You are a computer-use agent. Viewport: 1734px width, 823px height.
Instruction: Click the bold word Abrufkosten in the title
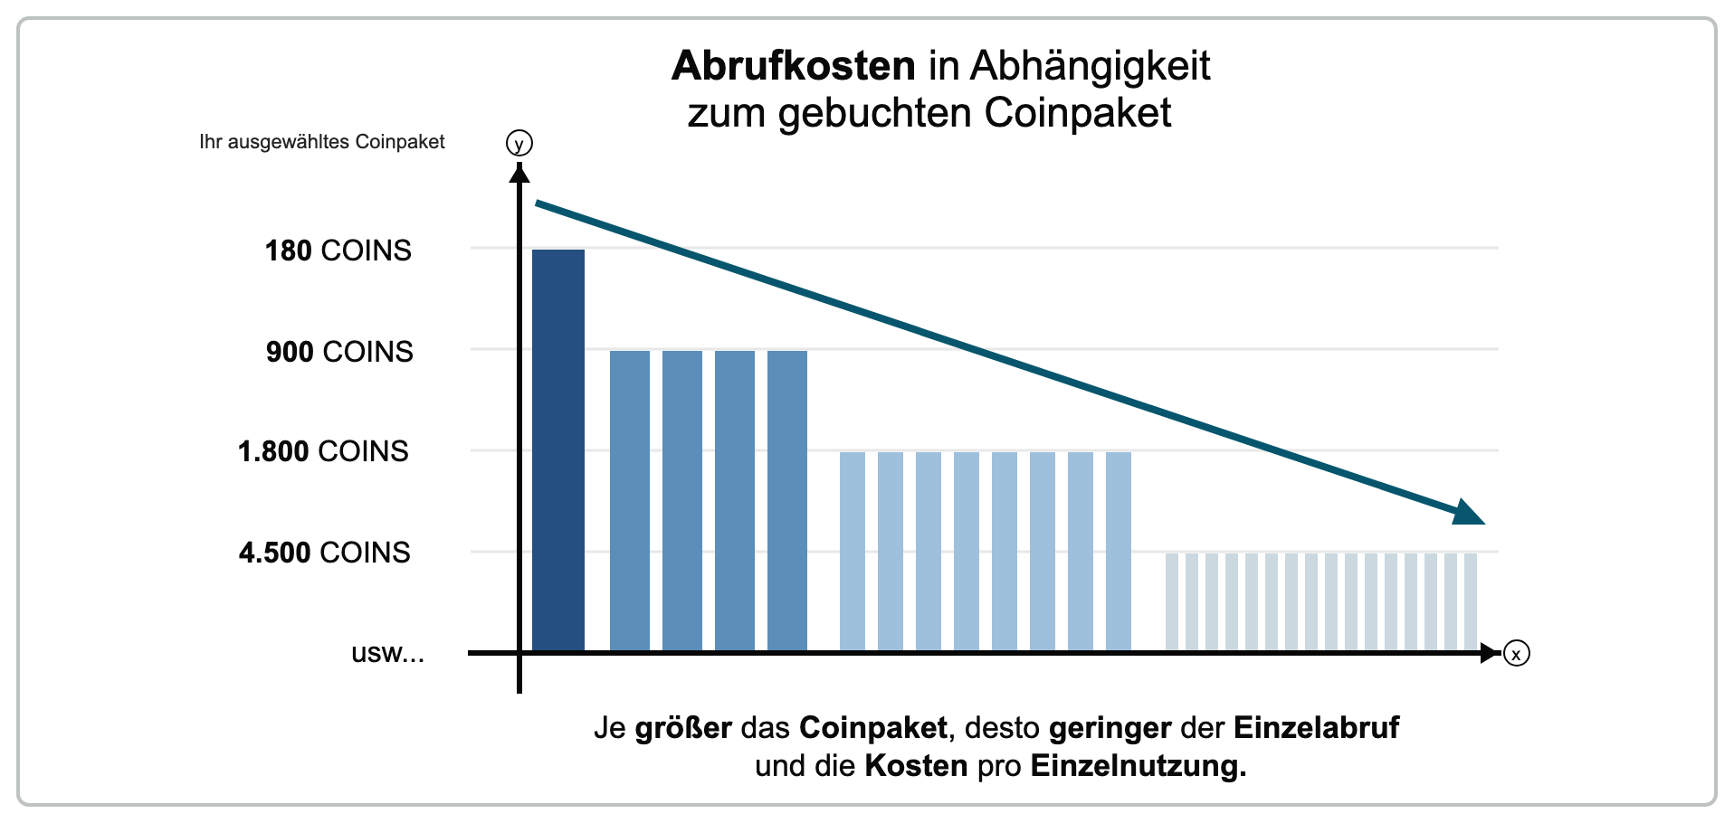(x=794, y=66)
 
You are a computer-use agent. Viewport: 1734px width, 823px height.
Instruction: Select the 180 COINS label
(x=338, y=251)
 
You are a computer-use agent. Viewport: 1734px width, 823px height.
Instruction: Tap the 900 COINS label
(x=339, y=352)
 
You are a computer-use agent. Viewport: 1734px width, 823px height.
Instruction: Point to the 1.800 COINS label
(x=323, y=451)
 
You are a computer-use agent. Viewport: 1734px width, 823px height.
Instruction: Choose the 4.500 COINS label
(x=324, y=553)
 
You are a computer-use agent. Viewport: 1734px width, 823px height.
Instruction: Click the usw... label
(x=387, y=653)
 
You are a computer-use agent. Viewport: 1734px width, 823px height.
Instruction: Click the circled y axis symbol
(x=519, y=144)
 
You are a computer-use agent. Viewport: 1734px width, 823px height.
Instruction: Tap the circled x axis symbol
(x=1516, y=653)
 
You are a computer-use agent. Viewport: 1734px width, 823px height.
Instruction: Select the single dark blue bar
(x=558, y=450)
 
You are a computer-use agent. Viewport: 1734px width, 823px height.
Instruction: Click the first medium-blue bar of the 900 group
(x=630, y=501)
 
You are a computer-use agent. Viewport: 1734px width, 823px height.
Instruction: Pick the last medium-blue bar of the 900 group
(x=787, y=501)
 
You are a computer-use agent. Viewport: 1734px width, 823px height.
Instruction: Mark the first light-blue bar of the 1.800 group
(x=853, y=552)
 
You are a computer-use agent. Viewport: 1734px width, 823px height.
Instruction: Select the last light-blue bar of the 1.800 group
(x=1119, y=552)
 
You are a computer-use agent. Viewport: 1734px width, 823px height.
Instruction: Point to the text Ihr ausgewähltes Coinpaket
(x=322, y=142)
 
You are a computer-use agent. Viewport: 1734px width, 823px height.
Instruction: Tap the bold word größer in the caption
(x=683, y=728)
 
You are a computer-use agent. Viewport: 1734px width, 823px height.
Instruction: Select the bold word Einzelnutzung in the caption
(x=1138, y=767)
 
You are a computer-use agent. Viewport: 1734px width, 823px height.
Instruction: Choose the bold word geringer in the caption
(x=1110, y=728)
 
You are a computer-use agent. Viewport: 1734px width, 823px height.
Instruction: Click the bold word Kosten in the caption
(x=916, y=767)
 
